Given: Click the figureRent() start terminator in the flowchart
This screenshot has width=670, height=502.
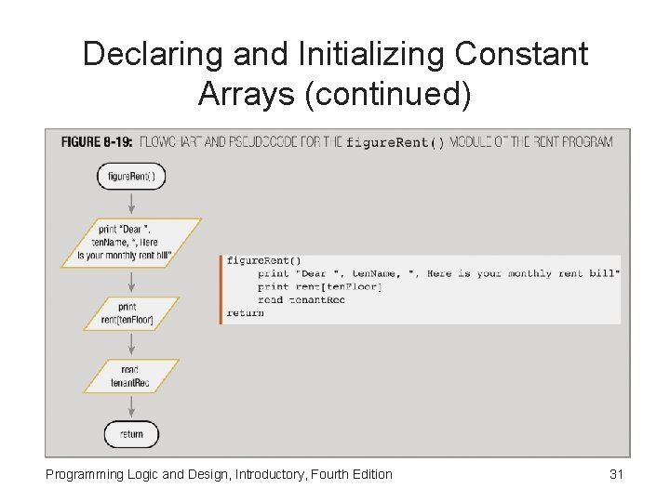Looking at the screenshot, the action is (131, 176).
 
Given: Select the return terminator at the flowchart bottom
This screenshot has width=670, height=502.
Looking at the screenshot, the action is (131, 434).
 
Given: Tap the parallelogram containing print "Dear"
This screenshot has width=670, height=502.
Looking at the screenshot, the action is (131, 243).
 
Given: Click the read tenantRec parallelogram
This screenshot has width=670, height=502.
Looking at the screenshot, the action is (130, 376).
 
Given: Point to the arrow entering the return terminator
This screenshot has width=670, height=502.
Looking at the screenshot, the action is (131, 408).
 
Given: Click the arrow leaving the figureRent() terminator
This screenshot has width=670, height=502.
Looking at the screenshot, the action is (131, 204).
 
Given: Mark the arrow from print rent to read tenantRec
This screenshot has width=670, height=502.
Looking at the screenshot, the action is (131, 344).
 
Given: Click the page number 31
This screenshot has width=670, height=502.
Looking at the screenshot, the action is (616, 474).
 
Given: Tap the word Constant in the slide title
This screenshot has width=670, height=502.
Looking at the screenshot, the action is (521, 54).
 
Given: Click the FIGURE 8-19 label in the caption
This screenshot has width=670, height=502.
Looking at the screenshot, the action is (94, 142).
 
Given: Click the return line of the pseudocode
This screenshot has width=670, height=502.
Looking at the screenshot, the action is (245, 313).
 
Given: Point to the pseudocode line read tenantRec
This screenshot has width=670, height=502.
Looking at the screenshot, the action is (301, 300).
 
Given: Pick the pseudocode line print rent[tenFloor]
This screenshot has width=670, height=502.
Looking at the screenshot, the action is (320, 286).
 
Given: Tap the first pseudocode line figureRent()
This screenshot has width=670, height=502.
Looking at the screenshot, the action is (263, 260).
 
